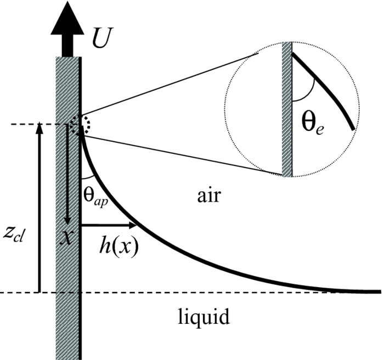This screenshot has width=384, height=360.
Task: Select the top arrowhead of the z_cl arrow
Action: coord(39,130)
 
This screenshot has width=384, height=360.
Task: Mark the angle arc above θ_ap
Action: coord(88,179)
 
